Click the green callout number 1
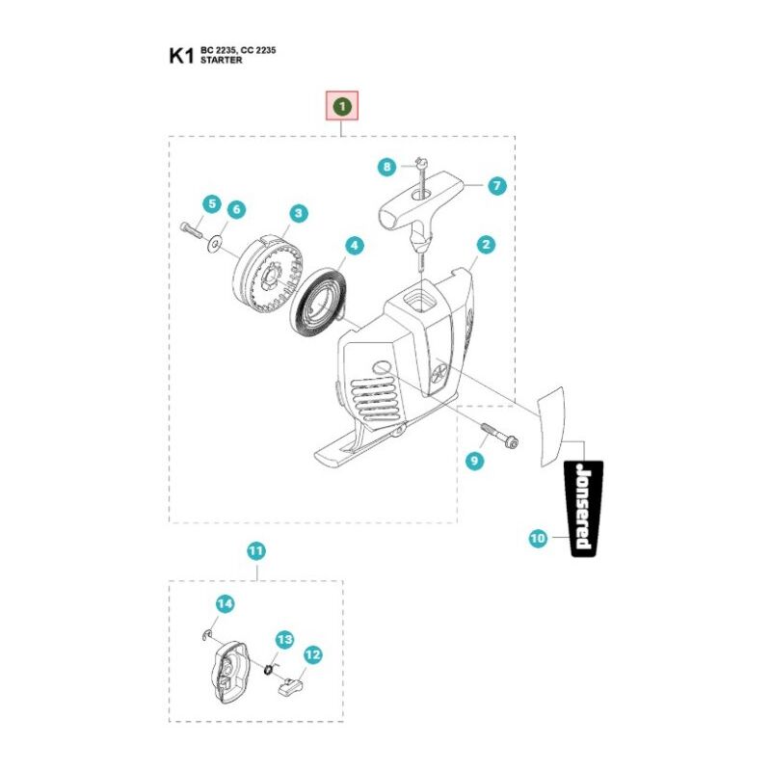342,105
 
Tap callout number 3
299,213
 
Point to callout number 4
355,246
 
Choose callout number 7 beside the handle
496,186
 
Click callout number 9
474,462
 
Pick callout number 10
538,540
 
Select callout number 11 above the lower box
255,551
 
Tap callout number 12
312,655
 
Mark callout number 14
225,604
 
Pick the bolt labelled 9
497,435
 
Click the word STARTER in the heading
222,60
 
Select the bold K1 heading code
182,55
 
